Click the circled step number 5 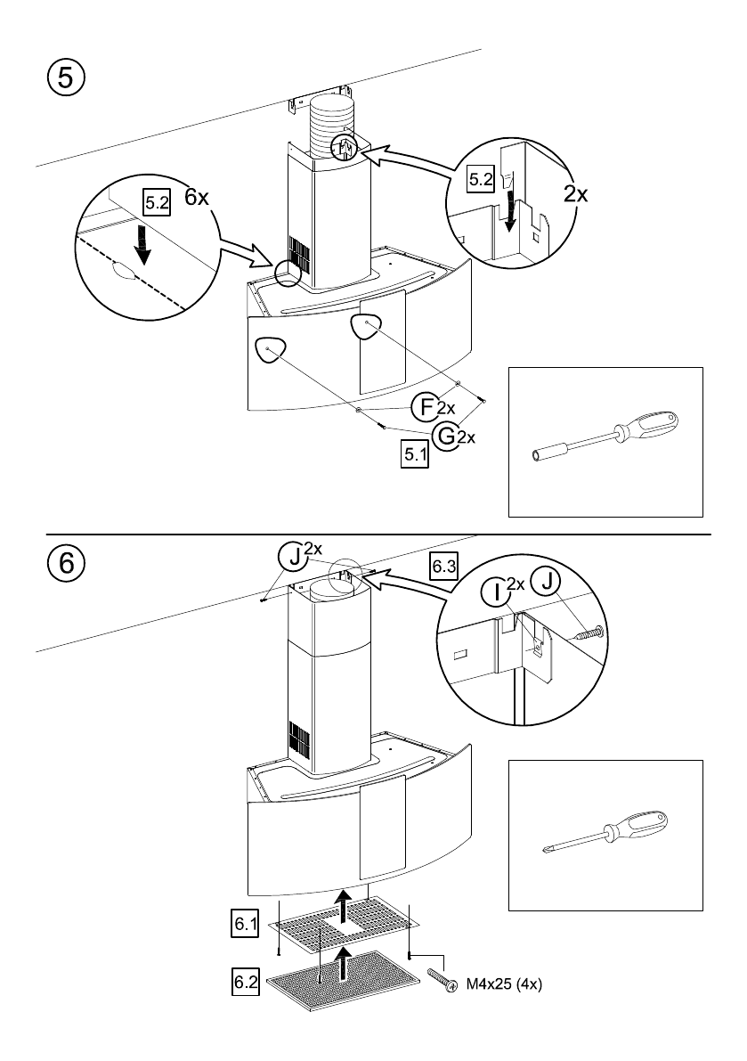[x=65, y=78]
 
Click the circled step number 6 [x=66, y=562]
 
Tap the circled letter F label [x=426, y=406]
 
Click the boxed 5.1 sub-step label [x=415, y=454]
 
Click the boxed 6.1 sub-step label [x=245, y=923]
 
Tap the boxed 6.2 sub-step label [x=245, y=982]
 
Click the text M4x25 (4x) [x=504, y=984]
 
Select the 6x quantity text [x=196, y=198]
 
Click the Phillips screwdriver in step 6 [x=605, y=833]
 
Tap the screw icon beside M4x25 [x=442, y=981]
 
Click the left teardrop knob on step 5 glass [x=270, y=350]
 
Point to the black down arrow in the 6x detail [x=142, y=245]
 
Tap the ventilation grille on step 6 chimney [x=299, y=739]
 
